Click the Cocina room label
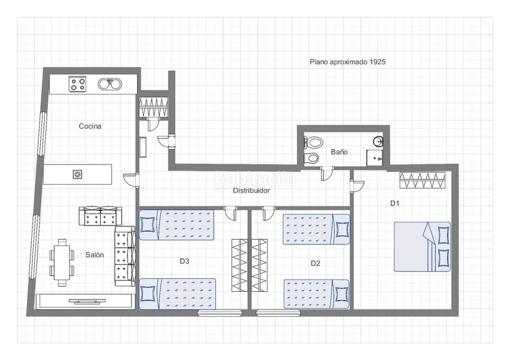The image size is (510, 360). [90, 126]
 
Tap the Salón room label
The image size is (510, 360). [94, 255]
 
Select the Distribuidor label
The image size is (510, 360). [251, 191]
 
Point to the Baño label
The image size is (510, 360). [339, 152]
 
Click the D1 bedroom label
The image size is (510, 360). [395, 203]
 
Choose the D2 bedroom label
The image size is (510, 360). [315, 263]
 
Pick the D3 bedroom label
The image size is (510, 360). [184, 261]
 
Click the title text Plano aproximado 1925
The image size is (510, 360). [347, 62]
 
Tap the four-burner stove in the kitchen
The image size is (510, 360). [77, 84]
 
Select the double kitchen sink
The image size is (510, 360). [110, 84]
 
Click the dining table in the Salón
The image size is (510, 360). [62, 263]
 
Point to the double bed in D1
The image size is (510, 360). [423, 247]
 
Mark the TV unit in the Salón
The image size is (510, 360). [85, 301]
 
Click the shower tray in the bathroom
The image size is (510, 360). [375, 158]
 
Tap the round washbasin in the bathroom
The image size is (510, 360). [378, 141]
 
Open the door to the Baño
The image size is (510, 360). [326, 173]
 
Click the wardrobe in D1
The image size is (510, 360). [423, 180]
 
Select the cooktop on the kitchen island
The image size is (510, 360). [77, 175]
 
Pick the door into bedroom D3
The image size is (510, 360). [231, 213]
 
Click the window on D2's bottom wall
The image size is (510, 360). [278, 313]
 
